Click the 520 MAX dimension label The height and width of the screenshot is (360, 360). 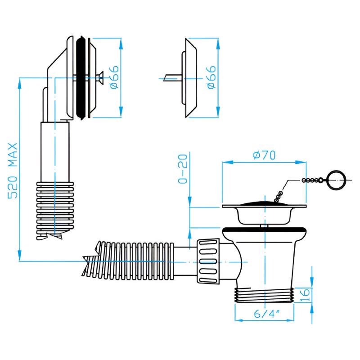pos(13,171)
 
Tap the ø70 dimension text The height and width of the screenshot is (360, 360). pos(265,155)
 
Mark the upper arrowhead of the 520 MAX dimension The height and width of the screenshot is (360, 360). pos(20,81)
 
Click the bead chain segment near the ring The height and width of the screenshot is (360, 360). pos(313,180)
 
